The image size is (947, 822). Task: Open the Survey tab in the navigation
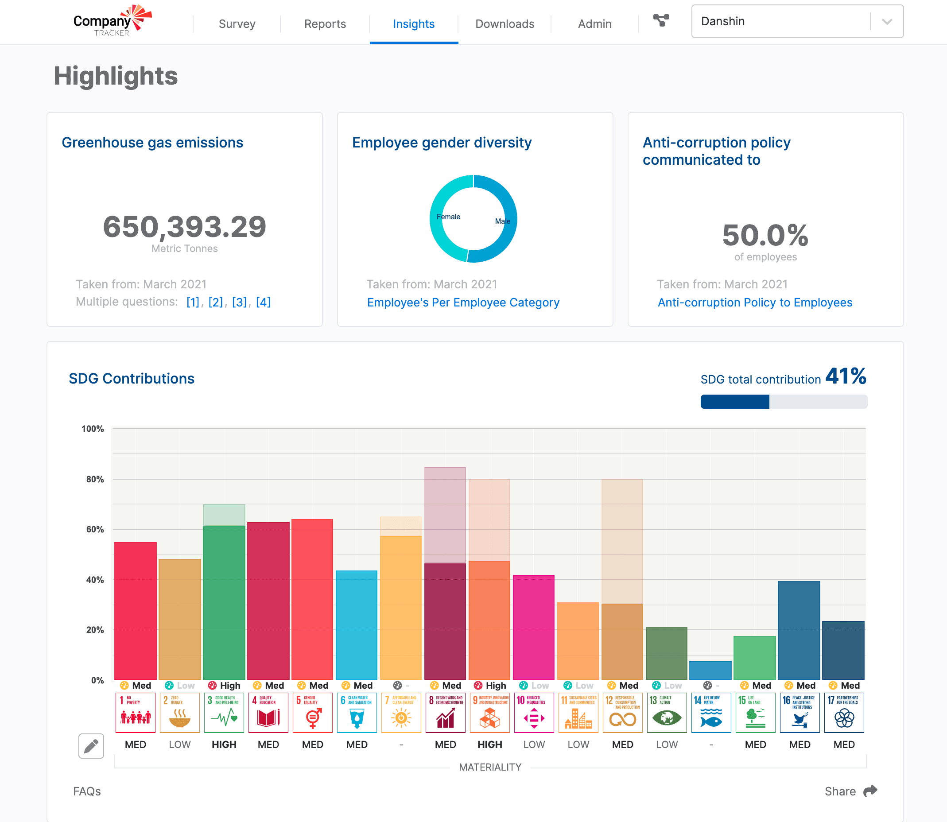coord(237,24)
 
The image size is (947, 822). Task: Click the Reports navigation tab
coord(325,24)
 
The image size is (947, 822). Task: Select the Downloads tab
coord(505,24)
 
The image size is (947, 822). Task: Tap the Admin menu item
coord(594,24)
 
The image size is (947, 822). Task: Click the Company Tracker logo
coord(113,21)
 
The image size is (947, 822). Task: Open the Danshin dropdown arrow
coord(887,22)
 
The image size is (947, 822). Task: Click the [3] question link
coord(239,302)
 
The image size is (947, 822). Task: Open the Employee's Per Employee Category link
coord(463,303)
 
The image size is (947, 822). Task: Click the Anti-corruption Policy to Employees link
coord(755,303)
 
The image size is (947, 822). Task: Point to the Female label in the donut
coord(448,217)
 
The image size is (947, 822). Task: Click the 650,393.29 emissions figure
coord(184,227)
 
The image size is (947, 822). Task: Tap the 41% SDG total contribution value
coord(846,376)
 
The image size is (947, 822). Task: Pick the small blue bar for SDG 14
coord(710,670)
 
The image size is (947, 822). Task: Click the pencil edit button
coord(91,746)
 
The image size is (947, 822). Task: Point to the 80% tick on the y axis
coord(95,479)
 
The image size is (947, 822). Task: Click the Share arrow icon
coord(870,791)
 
